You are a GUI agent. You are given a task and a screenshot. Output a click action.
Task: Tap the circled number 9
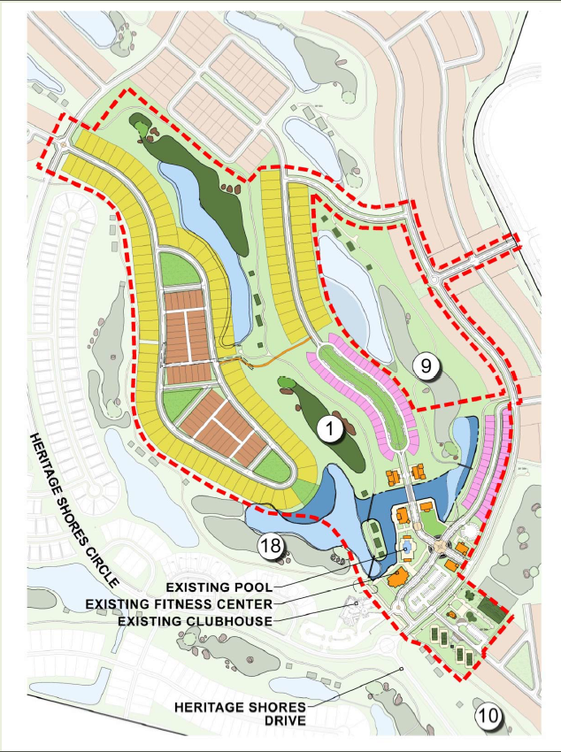(x=425, y=364)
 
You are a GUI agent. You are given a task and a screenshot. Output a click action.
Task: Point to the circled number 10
(x=488, y=716)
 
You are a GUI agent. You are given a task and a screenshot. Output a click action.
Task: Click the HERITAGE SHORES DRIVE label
(x=241, y=714)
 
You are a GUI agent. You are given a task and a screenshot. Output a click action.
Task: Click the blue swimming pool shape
(x=406, y=549)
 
